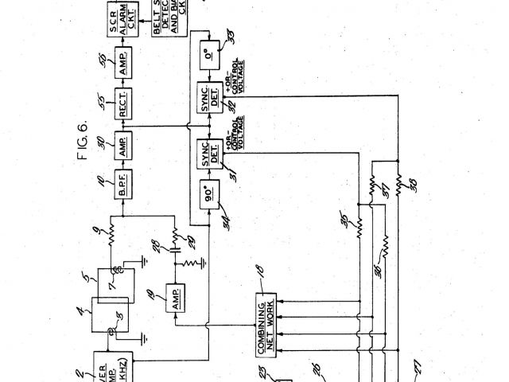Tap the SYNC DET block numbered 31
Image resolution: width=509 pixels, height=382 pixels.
(210, 150)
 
